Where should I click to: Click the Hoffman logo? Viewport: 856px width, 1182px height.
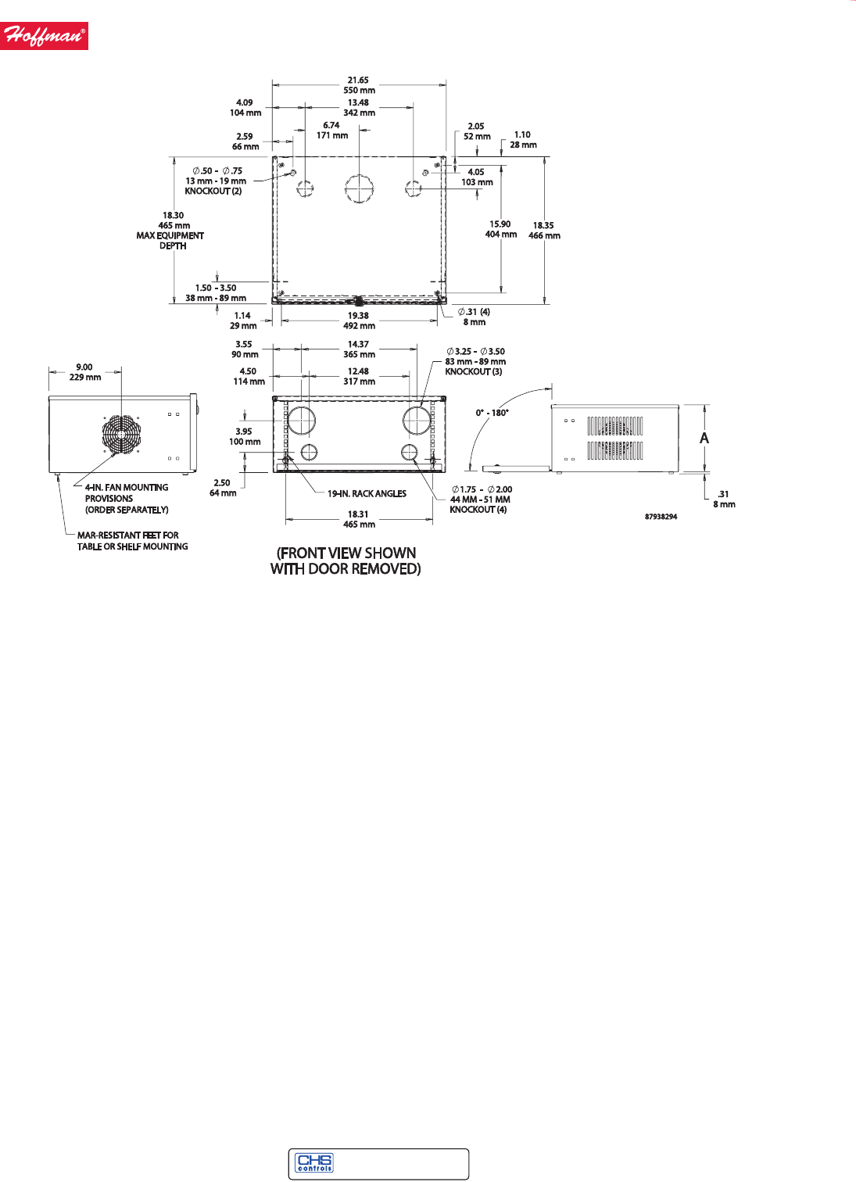pyautogui.click(x=44, y=36)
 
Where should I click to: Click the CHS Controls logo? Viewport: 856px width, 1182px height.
pyautogui.click(x=314, y=1163)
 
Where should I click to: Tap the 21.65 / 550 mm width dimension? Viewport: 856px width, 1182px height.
pyautogui.click(x=359, y=85)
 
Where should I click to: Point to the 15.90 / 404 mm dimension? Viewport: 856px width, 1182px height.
pyautogui.click(x=500, y=229)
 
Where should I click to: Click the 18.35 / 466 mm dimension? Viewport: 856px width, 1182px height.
pyautogui.click(x=544, y=231)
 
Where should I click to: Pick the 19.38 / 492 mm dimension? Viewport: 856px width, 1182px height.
pyautogui.click(x=359, y=321)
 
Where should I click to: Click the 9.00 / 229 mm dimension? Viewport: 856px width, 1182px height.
pyautogui.click(x=84, y=372)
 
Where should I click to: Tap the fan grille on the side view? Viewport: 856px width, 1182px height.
pyautogui.click(x=121, y=435)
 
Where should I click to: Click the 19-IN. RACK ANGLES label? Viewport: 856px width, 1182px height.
pyautogui.click(x=367, y=494)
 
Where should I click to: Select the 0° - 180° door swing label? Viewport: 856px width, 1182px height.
pyautogui.click(x=492, y=413)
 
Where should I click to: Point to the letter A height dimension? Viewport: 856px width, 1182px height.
pyautogui.click(x=704, y=439)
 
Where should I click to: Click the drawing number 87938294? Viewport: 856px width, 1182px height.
pyautogui.click(x=661, y=517)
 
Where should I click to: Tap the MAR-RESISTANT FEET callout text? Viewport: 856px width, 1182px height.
pyautogui.click(x=132, y=541)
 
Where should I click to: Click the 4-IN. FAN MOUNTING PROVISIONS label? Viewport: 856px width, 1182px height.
pyautogui.click(x=127, y=499)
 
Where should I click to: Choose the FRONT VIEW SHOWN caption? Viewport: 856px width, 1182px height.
pyautogui.click(x=346, y=561)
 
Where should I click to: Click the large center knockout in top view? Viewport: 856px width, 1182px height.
pyautogui.click(x=359, y=188)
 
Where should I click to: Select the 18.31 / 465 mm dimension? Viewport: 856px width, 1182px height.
pyautogui.click(x=359, y=519)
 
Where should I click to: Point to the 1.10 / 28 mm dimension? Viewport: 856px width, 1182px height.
pyautogui.click(x=523, y=140)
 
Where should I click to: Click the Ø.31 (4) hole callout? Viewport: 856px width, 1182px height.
pyautogui.click(x=475, y=317)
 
